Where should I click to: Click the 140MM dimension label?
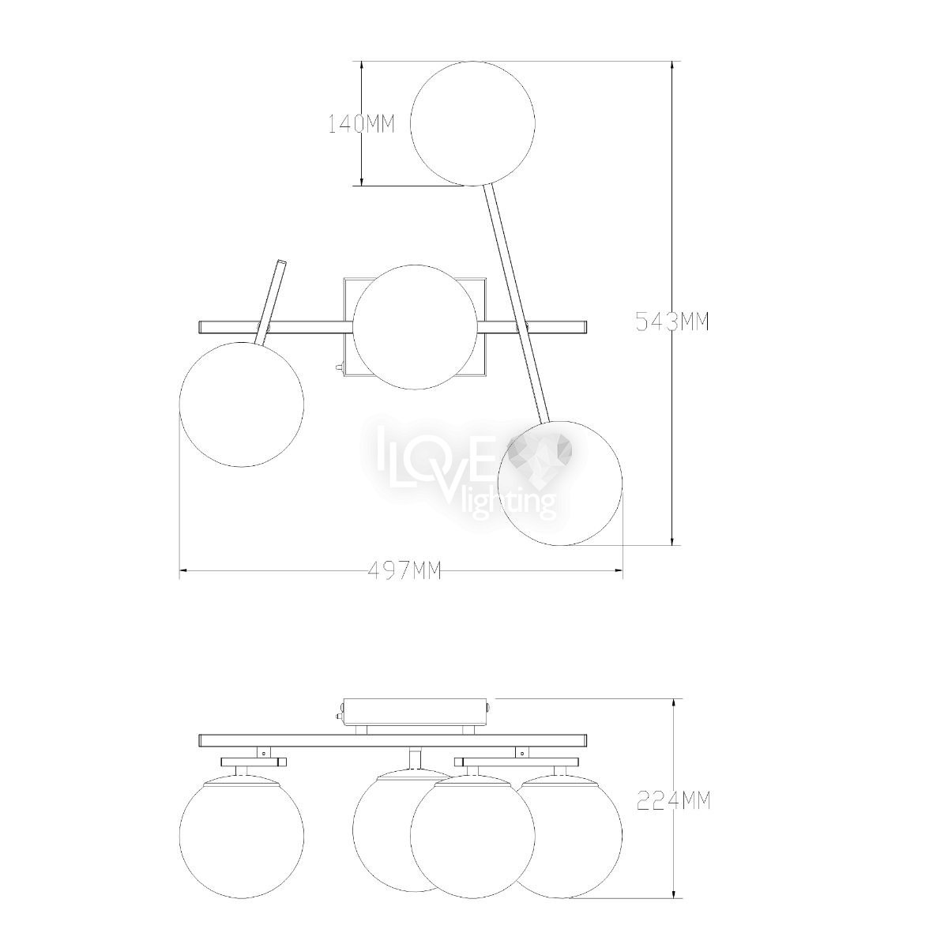[362, 125]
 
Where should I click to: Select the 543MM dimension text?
[672, 322]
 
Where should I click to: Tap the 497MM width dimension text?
[404, 570]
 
